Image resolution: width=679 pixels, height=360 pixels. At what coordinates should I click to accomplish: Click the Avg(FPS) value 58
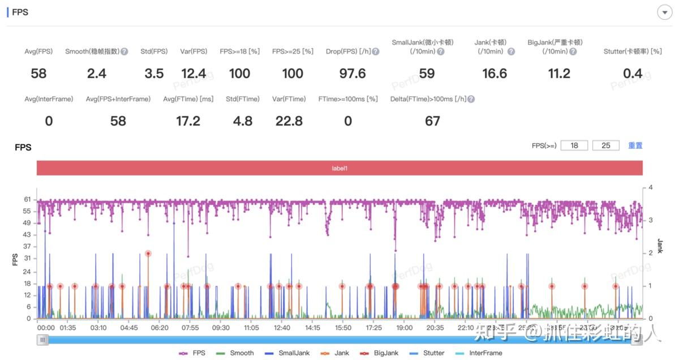pyautogui.click(x=38, y=74)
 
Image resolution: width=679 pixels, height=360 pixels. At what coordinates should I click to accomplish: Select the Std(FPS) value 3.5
pyautogui.click(x=154, y=74)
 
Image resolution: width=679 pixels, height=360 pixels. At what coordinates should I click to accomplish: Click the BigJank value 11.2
pyautogui.click(x=559, y=74)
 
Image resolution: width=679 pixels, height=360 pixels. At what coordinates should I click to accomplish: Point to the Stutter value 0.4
pyautogui.click(x=633, y=74)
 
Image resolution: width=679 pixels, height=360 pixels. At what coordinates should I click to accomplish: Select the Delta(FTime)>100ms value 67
pyautogui.click(x=432, y=121)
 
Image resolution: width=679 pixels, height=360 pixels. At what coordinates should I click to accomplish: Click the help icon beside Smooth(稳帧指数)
pyautogui.click(x=124, y=52)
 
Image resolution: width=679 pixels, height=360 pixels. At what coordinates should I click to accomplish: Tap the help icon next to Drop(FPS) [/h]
pyautogui.click(x=375, y=52)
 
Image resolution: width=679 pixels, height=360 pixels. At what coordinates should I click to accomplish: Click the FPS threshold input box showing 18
pyautogui.click(x=574, y=145)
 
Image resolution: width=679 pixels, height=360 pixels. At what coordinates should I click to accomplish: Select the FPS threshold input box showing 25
pyautogui.click(x=606, y=145)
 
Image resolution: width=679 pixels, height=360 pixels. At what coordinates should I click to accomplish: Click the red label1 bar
pyautogui.click(x=339, y=168)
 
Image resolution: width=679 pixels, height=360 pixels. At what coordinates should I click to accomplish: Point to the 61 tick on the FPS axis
pyautogui.click(x=27, y=199)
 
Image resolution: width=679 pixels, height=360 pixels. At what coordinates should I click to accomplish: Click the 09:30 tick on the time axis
pyautogui.click(x=221, y=328)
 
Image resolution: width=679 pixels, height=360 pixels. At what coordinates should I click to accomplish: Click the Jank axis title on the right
pyautogui.click(x=660, y=246)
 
